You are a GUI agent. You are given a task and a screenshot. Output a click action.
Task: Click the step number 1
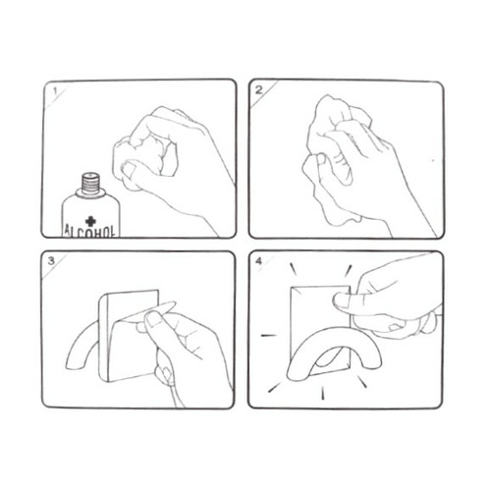pyautogui.click(x=55, y=91)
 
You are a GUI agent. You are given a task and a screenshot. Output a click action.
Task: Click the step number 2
pyautogui.click(x=259, y=90)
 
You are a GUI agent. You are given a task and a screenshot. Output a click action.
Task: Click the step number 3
pyautogui.click(x=51, y=261)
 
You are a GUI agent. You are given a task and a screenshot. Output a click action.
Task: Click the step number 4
pyautogui.click(x=258, y=261)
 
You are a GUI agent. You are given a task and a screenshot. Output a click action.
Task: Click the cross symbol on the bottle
pyautogui.click(x=90, y=221)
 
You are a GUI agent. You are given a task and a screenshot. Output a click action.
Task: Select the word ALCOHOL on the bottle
pyautogui.click(x=90, y=232)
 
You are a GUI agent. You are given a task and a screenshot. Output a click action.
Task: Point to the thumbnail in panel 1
pyautogui.click(x=129, y=169)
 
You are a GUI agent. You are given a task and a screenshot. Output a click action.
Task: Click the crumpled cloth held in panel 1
pyautogui.click(x=144, y=157)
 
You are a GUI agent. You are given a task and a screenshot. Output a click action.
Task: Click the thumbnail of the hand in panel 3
pyautogui.click(x=153, y=319)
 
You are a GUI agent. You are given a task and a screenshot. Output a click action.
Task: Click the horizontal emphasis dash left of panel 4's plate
pyautogui.click(x=268, y=335)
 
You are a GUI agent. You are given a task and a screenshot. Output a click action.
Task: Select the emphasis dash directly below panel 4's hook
pyautogui.click(x=323, y=393)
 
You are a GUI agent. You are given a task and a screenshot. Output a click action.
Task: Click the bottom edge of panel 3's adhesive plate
pyautogui.click(x=131, y=377)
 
